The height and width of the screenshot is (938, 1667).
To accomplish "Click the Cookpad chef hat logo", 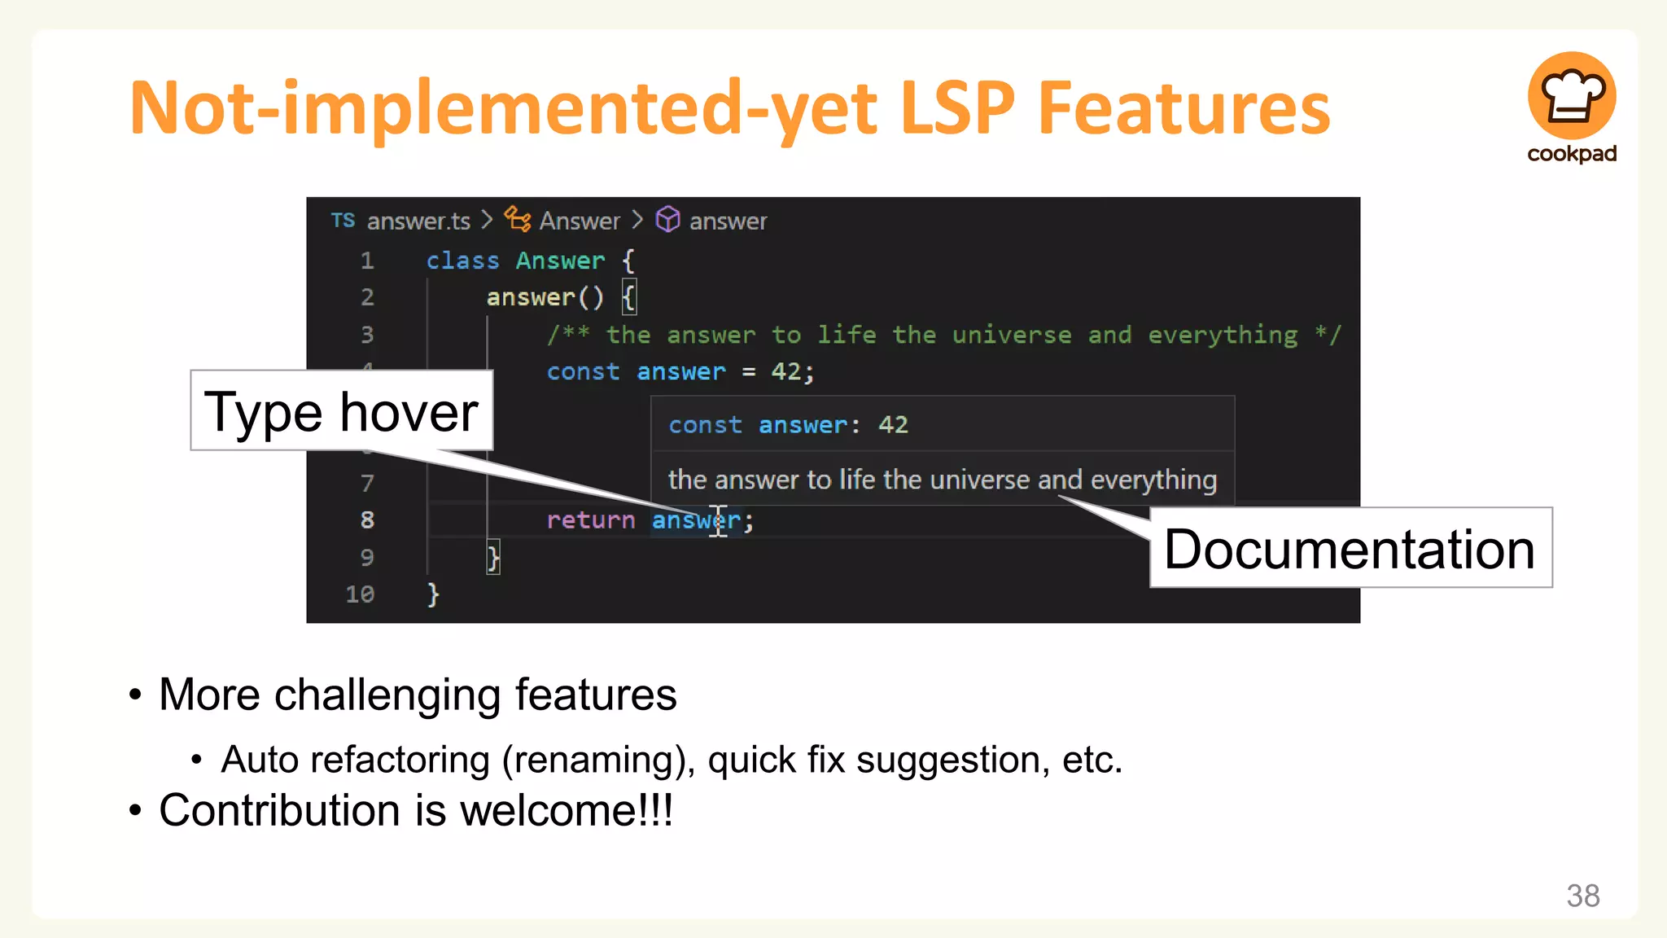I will point(1571,96).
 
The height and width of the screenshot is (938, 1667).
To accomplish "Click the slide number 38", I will point(1582,896).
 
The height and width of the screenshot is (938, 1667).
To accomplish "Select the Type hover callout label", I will point(341,411).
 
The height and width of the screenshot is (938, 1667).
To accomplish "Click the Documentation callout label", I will point(1350,548).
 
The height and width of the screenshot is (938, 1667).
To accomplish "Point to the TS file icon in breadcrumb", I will point(343,220).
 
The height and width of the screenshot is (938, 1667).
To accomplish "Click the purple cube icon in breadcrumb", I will point(667,219).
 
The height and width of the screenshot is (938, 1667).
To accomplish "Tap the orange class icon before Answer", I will point(517,219).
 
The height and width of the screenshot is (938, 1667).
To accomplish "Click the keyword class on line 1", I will point(462,261).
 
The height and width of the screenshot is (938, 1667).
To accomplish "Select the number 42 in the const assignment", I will point(786,371).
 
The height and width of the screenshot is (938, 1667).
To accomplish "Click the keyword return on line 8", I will point(590,519).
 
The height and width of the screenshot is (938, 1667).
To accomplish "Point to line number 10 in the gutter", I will point(360,594).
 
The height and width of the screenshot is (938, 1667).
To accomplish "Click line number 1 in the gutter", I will point(367,261).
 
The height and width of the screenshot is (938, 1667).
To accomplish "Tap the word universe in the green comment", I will point(1012,335).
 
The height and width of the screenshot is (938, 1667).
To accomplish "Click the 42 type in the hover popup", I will point(893,424).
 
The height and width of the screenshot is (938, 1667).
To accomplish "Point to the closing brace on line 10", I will point(433,594).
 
